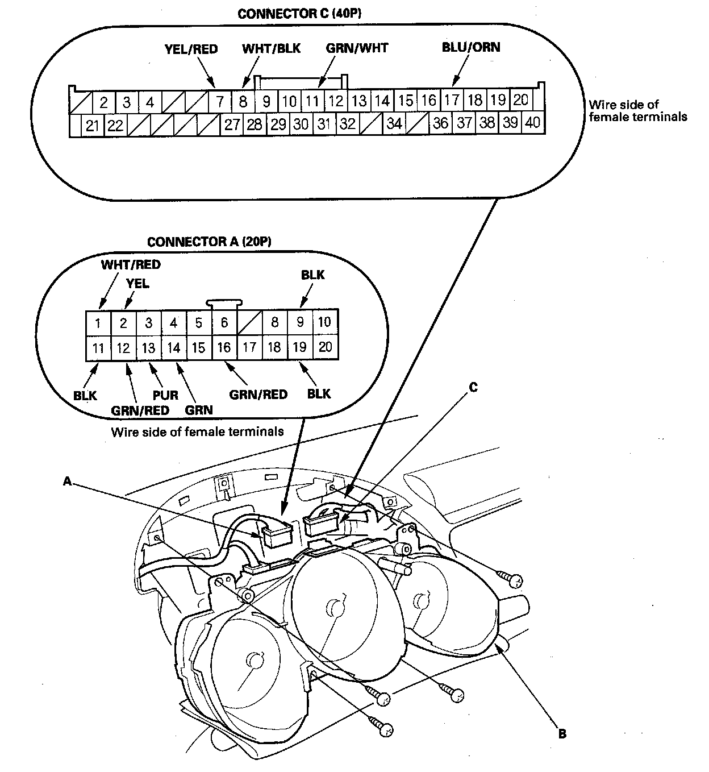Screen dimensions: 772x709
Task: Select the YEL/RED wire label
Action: pos(191,49)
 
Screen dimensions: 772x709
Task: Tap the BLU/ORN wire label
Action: pos(471,47)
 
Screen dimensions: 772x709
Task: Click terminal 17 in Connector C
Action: pos(452,101)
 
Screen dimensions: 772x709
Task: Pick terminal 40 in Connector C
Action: pos(532,123)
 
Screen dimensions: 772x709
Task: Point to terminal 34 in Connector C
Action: pos(394,123)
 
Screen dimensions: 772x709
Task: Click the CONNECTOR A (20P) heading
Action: pos(208,242)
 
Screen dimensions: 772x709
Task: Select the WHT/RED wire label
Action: pos(131,264)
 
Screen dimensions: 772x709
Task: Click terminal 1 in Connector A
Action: pos(98,323)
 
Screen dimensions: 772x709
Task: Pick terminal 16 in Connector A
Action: pos(224,347)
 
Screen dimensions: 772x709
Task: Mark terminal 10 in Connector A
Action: pos(324,322)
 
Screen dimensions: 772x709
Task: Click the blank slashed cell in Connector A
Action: pos(249,323)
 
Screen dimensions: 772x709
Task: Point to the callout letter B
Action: pos(562,734)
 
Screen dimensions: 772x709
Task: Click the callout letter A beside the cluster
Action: pos(67,482)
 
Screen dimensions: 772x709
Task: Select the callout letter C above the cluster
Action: pos(473,388)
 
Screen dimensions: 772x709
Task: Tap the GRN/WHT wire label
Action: pos(357,48)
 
